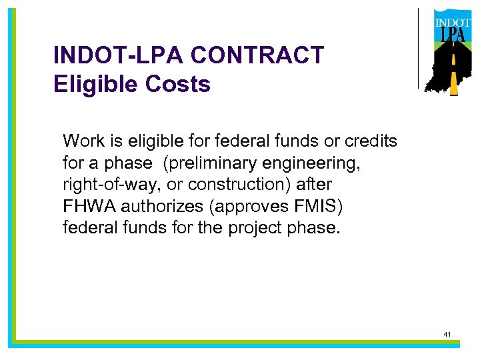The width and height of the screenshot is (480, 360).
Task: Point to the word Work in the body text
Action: [80, 141]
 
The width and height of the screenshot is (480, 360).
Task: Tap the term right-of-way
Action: [107, 184]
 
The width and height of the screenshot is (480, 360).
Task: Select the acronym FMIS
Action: [318, 205]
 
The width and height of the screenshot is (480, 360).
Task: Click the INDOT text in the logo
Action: [453, 23]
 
